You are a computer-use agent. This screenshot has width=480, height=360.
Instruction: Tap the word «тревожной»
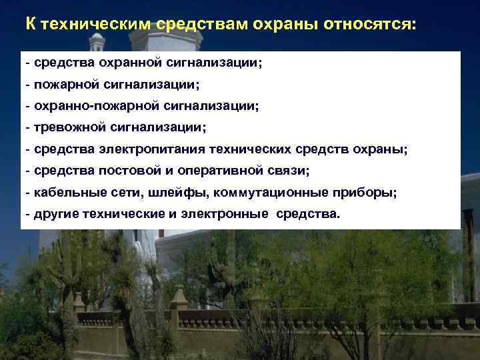(64, 127)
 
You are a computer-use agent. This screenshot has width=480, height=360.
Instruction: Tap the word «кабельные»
(63, 193)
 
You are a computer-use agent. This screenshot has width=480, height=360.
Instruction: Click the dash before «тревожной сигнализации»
(27, 127)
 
